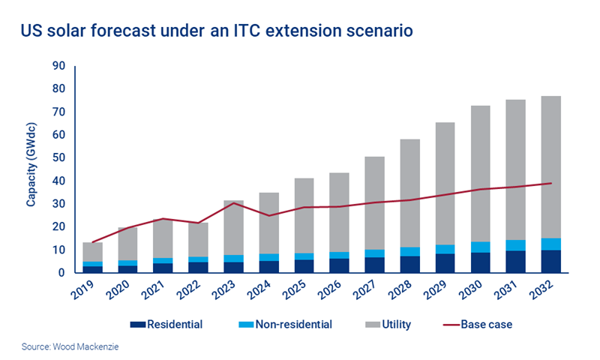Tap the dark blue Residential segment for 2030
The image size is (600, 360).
pos(480,262)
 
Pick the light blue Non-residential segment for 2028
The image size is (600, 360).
pos(409,251)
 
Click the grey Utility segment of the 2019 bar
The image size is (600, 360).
pos(92,252)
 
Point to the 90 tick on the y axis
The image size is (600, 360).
pos(58,66)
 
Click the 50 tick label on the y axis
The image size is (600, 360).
pos(58,158)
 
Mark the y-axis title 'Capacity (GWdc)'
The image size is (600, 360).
pos(31,169)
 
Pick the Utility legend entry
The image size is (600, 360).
pos(391,325)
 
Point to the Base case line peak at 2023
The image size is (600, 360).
pos(232,202)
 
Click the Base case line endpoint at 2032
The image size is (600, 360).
pos(551,183)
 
